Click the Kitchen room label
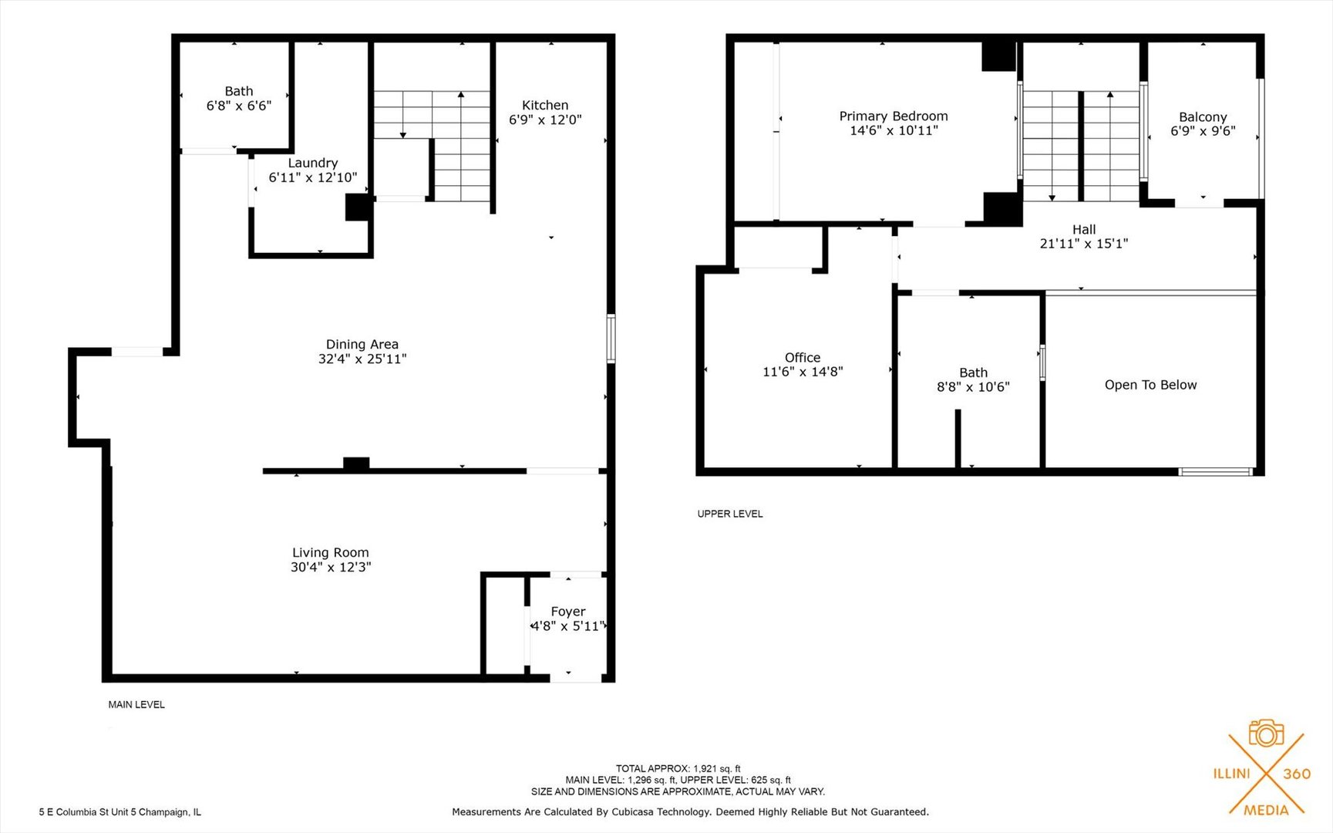tap(545, 105)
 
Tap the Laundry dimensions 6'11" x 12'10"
tap(313, 177)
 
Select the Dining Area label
tap(362, 345)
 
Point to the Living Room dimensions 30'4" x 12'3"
tap(331, 567)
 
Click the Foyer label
tap(568, 612)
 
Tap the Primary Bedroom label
tap(894, 116)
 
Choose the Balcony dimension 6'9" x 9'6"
tap(1203, 131)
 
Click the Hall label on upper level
tap(1084, 229)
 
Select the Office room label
tap(803, 357)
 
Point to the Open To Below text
tap(1151, 385)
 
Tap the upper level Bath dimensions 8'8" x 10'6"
tap(973, 387)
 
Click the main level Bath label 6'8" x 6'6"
tap(239, 99)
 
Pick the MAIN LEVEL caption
tap(136, 704)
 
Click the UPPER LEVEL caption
tap(730, 514)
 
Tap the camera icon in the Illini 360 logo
tap(1266, 733)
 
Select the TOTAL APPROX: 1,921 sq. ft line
tap(678, 768)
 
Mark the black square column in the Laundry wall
tap(358, 207)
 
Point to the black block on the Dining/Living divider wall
tap(356, 464)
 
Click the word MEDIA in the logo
tap(1266, 810)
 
